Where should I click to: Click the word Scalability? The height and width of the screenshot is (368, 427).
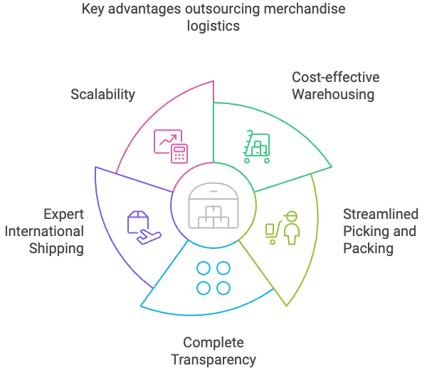pyautogui.click(x=103, y=94)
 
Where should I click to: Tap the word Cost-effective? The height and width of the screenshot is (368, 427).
pyautogui.click(x=336, y=77)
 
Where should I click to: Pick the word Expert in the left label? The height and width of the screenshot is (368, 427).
pyautogui.click(x=63, y=214)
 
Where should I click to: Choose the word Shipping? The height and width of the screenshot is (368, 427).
pyautogui.click(x=56, y=248)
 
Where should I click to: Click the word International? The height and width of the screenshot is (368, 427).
pyautogui.click(x=48, y=231)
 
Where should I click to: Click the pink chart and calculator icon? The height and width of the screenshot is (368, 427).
pyautogui.click(x=169, y=144)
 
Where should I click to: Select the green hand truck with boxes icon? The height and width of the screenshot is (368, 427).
pyautogui.click(x=256, y=146)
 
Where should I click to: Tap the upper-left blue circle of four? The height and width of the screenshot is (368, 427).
pyautogui.click(x=204, y=269)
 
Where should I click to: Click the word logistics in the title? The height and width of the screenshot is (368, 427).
pyautogui.click(x=213, y=26)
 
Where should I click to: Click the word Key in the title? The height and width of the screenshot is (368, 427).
pyautogui.click(x=92, y=10)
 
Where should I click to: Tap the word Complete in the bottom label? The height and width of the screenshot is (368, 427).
pyautogui.click(x=213, y=342)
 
